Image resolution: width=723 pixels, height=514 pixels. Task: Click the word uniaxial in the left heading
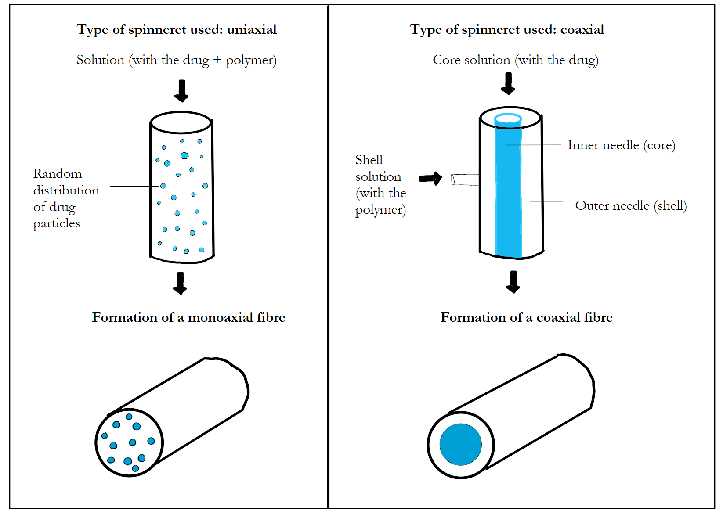252,29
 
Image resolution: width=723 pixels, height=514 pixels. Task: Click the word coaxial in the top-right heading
582,29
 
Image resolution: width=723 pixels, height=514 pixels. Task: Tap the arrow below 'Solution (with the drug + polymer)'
181,90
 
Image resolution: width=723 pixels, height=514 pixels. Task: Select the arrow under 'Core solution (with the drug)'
508,83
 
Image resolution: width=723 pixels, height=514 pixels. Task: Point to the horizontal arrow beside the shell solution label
430,178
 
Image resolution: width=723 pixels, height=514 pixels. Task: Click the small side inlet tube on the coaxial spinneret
465,180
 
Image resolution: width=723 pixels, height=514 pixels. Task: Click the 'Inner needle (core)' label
621,145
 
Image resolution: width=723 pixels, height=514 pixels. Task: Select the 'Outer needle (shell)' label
631,205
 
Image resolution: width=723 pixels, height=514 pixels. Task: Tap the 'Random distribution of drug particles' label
66,198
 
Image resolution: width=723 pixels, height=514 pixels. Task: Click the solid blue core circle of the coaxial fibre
460,444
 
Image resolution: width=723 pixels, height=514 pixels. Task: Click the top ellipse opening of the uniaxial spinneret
181,122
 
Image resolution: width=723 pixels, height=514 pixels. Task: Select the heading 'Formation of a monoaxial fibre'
188,317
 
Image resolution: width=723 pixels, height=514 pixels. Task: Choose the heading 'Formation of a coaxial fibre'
526,317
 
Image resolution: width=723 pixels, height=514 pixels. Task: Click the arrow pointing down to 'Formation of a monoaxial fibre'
180,283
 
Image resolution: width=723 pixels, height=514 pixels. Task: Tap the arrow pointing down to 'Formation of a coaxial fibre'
513,282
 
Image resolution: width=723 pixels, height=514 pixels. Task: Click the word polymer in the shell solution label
380,210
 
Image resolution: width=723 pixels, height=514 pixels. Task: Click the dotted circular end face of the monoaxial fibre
129,442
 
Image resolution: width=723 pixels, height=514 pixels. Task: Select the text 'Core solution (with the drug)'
515,60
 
